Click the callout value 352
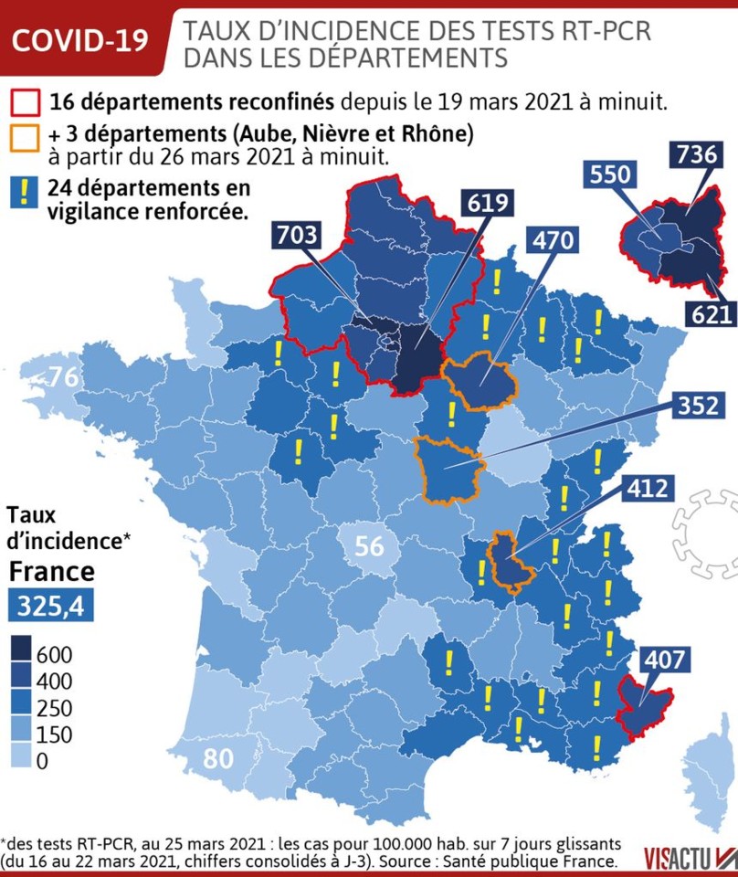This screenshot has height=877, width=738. pyautogui.click(x=699, y=405)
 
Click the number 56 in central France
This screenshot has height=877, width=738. pyautogui.click(x=369, y=547)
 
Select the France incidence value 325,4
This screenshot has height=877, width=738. pyautogui.click(x=51, y=606)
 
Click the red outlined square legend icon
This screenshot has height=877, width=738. pyautogui.click(x=26, y=101)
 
